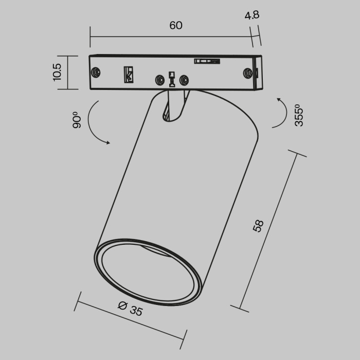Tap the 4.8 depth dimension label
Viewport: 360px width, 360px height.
click(253, 15)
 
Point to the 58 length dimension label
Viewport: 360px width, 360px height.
click(258, 226)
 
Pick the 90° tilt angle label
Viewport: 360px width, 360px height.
click(77, 120)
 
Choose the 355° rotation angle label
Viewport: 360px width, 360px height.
click(300, 115)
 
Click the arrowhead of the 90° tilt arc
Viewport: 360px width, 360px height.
click(107, 142)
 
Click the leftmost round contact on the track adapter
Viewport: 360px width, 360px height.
click(95, 72)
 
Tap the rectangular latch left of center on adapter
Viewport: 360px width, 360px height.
click(128, 74)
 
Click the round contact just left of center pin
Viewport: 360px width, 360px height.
click(160, 80)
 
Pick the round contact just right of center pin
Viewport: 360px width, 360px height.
click(184, 80)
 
